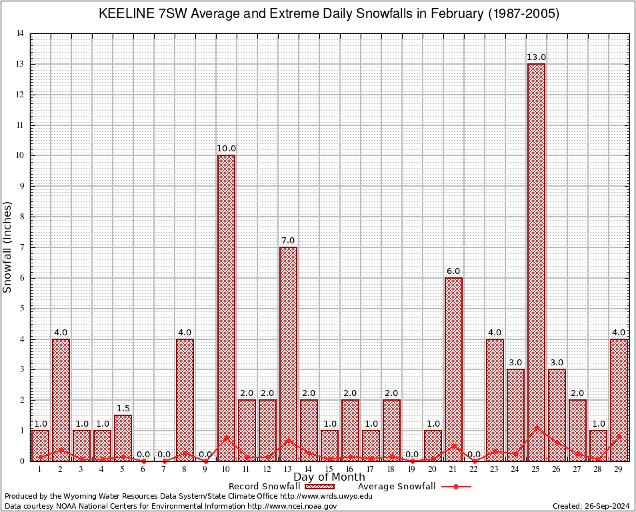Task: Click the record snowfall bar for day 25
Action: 536,260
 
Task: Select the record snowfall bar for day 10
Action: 226,307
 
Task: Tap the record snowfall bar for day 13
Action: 288,353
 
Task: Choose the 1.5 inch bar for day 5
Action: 123,437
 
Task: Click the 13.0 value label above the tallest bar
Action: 536,57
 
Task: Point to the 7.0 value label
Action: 288,241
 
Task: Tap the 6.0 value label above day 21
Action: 453,271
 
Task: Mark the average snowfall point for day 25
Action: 536,428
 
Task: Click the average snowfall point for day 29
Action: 619,437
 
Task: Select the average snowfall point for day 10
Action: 226,438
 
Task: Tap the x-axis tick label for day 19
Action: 412,469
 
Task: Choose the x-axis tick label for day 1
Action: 40,469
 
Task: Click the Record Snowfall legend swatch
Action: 318,487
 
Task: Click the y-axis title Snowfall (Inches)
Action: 8,247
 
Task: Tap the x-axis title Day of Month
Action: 329,477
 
